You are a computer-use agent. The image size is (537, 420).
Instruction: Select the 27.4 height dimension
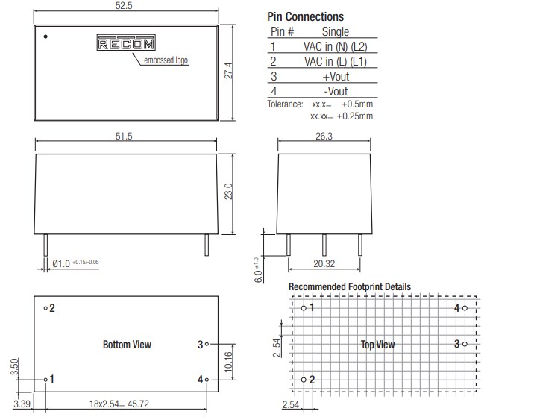point(230,72)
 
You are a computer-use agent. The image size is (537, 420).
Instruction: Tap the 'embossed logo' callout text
point(166,60)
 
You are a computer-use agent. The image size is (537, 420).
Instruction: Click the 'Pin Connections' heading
point(305,16)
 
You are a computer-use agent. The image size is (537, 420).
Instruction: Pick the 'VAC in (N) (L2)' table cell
point(335,46)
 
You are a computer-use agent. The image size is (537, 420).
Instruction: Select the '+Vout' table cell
point(335,76)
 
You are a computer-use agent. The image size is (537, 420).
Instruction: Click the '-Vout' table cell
point(335,91)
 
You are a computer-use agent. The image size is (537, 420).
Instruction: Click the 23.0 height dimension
point(230,191)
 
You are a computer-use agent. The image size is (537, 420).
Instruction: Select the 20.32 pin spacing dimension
point(324,263)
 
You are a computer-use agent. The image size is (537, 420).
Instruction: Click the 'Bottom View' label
point(127,344)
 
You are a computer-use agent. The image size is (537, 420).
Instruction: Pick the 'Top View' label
point(377,344)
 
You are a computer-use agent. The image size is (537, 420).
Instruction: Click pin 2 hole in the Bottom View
point(45,307)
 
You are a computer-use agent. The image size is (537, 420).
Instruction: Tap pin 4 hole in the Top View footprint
point(465,307)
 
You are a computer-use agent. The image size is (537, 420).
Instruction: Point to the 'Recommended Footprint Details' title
point(349,287)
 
